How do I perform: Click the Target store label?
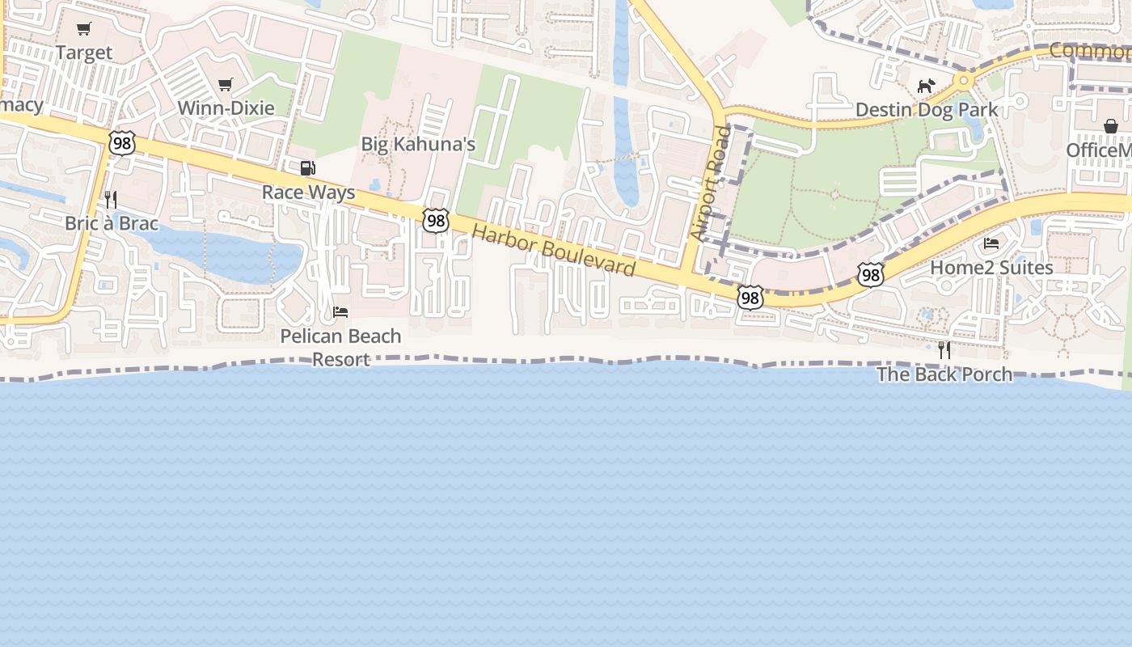click(84, 53)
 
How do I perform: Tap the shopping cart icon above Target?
click(84, 29)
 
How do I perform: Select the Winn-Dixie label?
click(226, 108)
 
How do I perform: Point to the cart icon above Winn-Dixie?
click(226, 84)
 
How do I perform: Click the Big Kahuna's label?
click(418, 145)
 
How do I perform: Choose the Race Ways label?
click(308, 192)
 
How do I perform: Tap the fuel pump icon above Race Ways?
click(308, 168)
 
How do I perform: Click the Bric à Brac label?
click(112, 223)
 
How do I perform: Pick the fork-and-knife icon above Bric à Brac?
click(111, 199)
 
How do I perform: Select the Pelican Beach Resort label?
click(340, 347)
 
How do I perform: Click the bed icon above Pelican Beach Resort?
click(340, 312)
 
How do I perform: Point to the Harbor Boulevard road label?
click(553, 250)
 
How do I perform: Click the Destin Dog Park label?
click(926, 109)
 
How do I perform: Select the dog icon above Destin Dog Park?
click(926, 86)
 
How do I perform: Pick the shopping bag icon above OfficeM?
click(1111, 126)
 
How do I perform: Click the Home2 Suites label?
click(991, 268)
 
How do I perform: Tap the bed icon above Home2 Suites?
click(991, 243)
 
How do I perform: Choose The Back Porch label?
click(944, 374)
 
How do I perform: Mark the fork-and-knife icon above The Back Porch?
click(944, 350)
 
